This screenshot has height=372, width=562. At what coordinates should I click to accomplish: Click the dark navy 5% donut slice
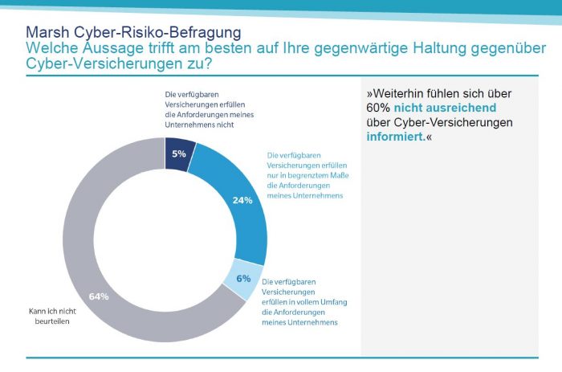(179, 153)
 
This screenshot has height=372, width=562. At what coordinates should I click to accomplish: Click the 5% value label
(179, 153)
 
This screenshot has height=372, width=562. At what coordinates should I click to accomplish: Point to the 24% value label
(242, 201)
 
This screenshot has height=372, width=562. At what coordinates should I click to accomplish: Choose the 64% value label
(99, 296)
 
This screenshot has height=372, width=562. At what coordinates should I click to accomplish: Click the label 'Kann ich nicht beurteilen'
(51, 313)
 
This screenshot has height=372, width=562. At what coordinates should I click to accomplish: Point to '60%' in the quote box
(378, 108)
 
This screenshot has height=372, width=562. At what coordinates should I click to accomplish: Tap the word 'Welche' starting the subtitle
(51, 48)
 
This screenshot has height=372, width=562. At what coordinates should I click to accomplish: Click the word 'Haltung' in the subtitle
(399, 48)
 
